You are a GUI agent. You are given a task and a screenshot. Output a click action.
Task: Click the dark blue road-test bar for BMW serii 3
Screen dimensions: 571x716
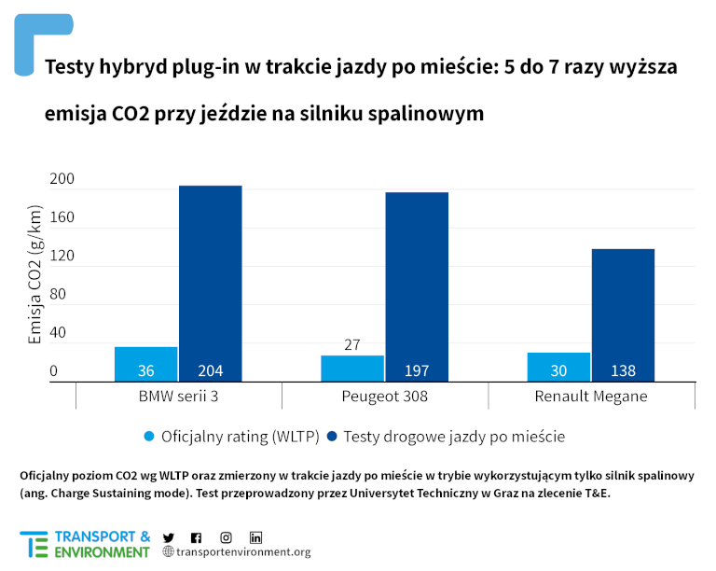click(211, 280)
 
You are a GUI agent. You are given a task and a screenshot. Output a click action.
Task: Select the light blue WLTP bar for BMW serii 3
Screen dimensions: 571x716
click(145, 363)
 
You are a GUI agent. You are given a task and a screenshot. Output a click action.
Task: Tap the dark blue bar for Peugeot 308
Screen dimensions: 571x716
click(417, 280)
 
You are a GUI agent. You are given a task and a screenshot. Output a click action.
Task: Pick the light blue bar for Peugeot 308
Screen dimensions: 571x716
click(352, 368)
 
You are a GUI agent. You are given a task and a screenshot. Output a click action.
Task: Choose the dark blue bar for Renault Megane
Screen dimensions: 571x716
click(623, 313)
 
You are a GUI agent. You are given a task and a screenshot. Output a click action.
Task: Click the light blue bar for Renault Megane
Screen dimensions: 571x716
click(558, 366)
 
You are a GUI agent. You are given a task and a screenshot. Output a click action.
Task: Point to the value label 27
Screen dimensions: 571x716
click(352, 344)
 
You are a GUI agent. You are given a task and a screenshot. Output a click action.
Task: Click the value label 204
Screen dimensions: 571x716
click(211, 370)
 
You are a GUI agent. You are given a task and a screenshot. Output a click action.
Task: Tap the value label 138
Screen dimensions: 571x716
click(623, 370)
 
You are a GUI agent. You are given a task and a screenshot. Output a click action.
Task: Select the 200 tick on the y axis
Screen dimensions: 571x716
click(60, 179)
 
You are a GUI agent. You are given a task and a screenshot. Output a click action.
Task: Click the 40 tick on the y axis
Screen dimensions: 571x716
click(58, 332)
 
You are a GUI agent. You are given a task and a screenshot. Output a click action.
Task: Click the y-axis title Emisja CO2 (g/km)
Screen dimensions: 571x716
click(34, 276)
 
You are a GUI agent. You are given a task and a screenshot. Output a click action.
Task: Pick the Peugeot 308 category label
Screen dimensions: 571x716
click(384, 397)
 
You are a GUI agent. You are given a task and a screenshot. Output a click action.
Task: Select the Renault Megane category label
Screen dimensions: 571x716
click(591, 397)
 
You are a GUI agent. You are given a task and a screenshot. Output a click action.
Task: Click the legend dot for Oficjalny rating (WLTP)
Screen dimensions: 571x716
click(148, 436)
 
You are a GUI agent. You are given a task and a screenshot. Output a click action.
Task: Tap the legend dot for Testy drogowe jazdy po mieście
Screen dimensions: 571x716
click(331, 436)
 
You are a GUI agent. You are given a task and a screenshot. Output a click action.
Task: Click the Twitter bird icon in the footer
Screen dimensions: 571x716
click(169, 537)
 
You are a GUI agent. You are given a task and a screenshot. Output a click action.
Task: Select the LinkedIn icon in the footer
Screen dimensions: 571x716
click(255, 537)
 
